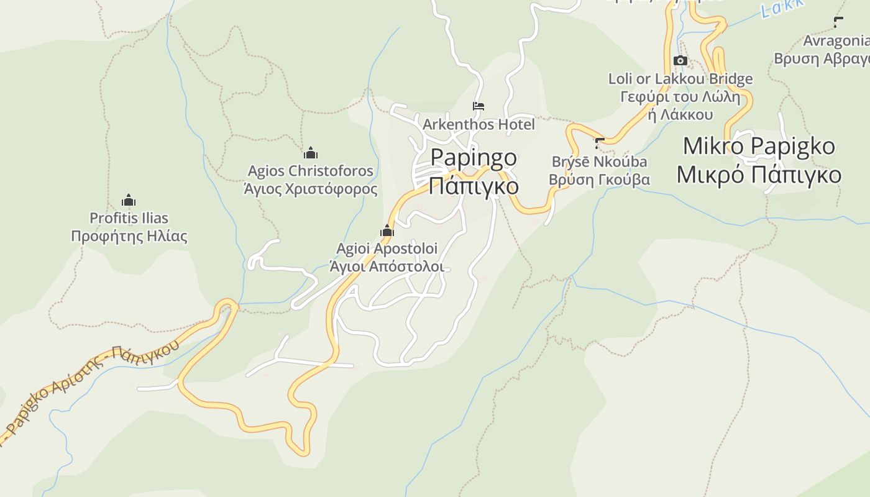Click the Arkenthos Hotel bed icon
click(478, 106)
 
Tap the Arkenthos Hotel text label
click(478, 124)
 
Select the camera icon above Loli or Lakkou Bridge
click(680, 61)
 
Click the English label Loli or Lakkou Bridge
click(680, 79)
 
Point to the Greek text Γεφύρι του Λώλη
click(680, 97)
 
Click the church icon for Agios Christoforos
click(311, 153)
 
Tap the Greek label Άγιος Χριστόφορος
click(311, 189)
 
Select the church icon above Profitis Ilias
click(129, 200)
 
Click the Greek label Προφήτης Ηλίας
click(129, 236)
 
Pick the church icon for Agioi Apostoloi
click(387, 231)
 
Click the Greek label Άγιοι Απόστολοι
click(387, 267)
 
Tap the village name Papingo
click(474, 157)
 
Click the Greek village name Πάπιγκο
click(474, 185)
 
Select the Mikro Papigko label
click(759, 146)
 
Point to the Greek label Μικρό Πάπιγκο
click(759, 175)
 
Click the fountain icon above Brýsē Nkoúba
click(599, 144)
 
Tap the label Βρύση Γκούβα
click(599, 180)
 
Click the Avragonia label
click(836, 41)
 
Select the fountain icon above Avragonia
click(838, 22)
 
